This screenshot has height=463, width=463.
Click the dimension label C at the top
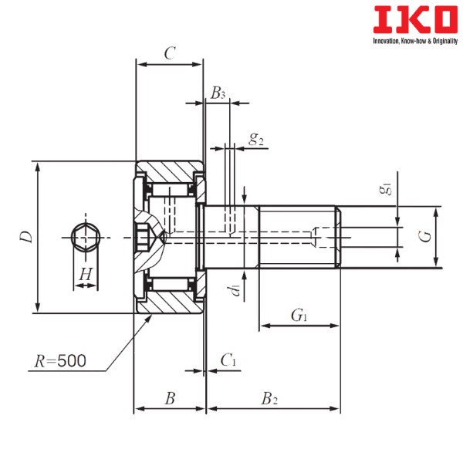pyautogui.click(x=171, y=53)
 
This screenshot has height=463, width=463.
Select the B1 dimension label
pyautogui.click(x=218, y=93)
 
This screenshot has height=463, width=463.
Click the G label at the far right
pyautogui.click(x=423, y=236)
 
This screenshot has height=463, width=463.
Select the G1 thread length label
pyautogui.click(x=297, y=314)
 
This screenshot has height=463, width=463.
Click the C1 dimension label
pyautogui.click(x=227, y=360)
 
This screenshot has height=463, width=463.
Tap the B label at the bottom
pyautogui.click(x=170, y=398)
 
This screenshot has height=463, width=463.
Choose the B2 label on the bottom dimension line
pyautogui.click(x=269, y=398)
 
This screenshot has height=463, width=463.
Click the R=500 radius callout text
pyautogui.click(x=60, y=360)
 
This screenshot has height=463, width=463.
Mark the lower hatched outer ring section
pyautogui.click(x=174, y=303)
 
